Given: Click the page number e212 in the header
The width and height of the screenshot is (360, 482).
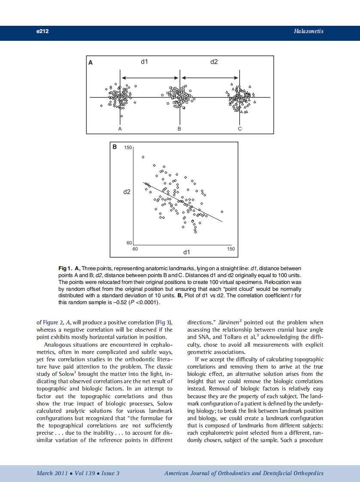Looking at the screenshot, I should [x=42, y=31].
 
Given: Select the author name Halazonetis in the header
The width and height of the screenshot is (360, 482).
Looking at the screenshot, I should [x=308, y=31].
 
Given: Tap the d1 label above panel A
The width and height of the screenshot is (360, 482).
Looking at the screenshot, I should [x=145, y=62].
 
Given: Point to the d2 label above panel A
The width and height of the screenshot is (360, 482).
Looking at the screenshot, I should [x=214, y=62].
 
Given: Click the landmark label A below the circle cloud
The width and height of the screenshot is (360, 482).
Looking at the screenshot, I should [x=120, y=128].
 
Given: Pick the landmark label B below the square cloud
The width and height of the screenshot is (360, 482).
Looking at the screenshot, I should [x=180, y=128].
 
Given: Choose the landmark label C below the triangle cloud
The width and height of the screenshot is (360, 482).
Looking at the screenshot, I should [x=240, y=128].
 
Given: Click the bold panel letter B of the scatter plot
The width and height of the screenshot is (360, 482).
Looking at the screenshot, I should [x=115, y=147].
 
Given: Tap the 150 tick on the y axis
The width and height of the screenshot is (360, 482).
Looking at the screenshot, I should [x=128, y=148].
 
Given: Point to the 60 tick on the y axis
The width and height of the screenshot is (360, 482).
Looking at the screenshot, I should [x=129, y=243].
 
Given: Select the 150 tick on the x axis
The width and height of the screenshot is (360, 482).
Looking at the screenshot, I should [x=231, y=249].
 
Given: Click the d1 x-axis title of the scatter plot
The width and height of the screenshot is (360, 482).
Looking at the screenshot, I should [x=186, y=251].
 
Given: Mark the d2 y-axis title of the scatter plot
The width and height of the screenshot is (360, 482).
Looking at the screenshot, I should [x=126, y=192].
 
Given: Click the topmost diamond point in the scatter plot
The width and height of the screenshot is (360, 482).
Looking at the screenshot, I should [x=143, y=157].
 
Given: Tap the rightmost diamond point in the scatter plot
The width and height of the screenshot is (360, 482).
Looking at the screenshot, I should [x=222, y=212].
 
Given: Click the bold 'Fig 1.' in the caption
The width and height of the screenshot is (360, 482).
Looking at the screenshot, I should [x=65, y=268].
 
